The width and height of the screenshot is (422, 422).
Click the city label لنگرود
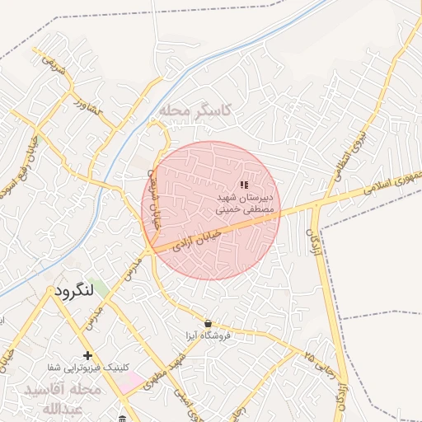[76, 292]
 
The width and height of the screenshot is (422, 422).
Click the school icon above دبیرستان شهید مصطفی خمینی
[243, 185]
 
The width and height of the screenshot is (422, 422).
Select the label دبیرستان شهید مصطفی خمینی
[244, 204]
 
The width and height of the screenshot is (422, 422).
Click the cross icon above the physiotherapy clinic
[87, 355]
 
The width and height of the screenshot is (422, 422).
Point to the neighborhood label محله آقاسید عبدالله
[63, 398]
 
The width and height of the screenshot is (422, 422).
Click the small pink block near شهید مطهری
[130, 382]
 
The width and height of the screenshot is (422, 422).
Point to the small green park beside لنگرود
[99, 288]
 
